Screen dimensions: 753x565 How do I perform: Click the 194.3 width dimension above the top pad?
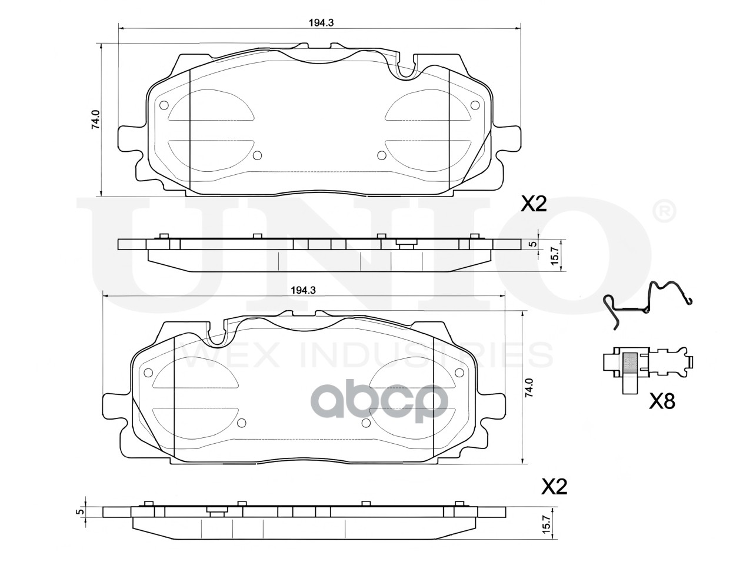[321, 23]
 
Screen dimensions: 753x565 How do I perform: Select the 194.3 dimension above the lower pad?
[303, 290]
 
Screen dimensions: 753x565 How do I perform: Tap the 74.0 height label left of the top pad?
[95, 119]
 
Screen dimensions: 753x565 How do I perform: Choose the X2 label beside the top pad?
[534, 204]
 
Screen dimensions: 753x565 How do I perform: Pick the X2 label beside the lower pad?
[554, 496]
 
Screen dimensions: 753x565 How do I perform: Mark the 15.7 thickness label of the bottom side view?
[547, 529]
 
